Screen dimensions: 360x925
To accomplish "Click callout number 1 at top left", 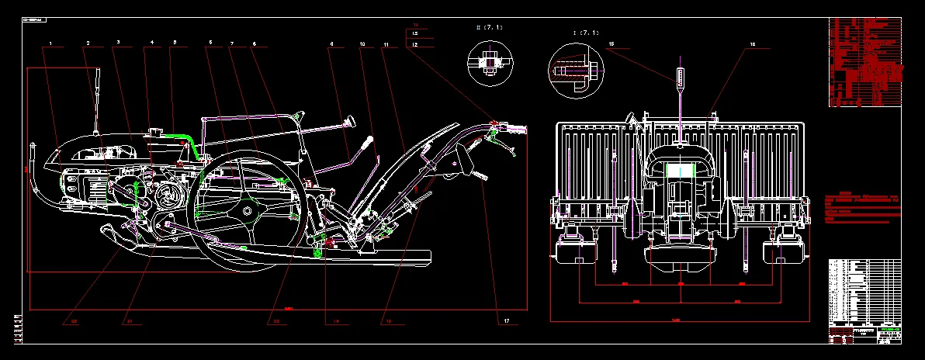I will [50, 43].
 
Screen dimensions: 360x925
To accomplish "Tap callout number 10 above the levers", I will [362, 46].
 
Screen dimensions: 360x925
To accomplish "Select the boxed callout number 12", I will [415, 46].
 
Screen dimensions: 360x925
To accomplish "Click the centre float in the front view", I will [681, 256].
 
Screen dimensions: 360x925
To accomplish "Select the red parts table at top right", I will [864, 61].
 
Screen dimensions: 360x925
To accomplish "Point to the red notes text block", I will [861, 206].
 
